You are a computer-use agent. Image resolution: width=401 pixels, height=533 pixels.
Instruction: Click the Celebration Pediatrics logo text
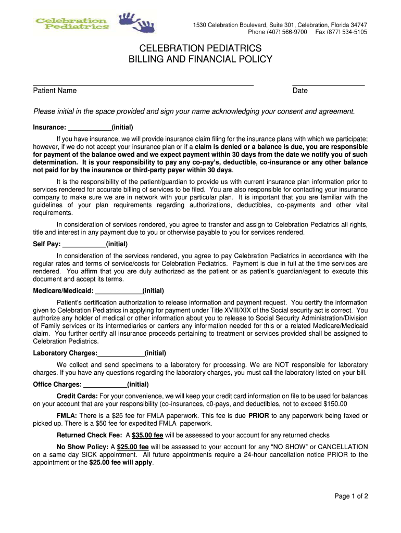tap(72, 24)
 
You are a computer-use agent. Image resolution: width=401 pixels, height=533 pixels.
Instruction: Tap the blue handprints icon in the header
tap(137, 23)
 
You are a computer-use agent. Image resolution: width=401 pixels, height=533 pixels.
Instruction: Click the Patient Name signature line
tap(143, 84)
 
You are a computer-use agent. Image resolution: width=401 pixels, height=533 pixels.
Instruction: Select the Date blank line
tap(328, 84)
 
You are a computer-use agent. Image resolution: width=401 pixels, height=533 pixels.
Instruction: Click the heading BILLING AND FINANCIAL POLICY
tap(200, 59)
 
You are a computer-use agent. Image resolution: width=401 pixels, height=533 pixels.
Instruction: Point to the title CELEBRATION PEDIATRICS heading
tap(200, 48)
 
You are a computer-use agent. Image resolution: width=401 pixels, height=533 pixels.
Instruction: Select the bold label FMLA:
tap(67, 416)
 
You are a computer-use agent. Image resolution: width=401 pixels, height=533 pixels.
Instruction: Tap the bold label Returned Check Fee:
tap(90, 436)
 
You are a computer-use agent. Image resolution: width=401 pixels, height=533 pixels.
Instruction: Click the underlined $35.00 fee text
tap(147, 436)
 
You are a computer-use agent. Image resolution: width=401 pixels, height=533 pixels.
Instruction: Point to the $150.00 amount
tap(335, 404)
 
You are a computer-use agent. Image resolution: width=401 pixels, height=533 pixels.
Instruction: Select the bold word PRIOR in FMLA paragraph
tap(259, 416)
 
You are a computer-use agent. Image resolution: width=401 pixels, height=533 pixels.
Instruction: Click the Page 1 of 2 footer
tap(351, 496)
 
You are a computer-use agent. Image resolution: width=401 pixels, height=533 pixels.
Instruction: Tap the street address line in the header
tap(280, 25)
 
